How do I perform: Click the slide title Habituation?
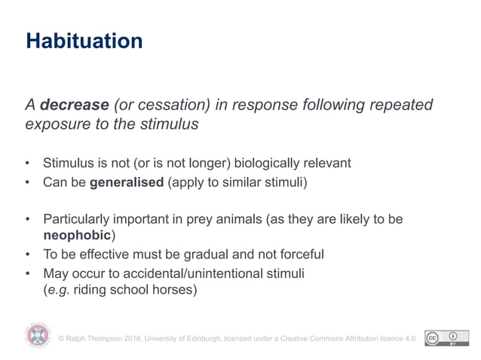(x=84, y=41)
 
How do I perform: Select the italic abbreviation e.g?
(x=59, y=289)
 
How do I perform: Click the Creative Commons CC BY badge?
(x=442, y=337)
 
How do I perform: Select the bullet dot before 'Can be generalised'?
(x=28, y=183)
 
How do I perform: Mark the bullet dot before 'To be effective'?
(x=28, y=255)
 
